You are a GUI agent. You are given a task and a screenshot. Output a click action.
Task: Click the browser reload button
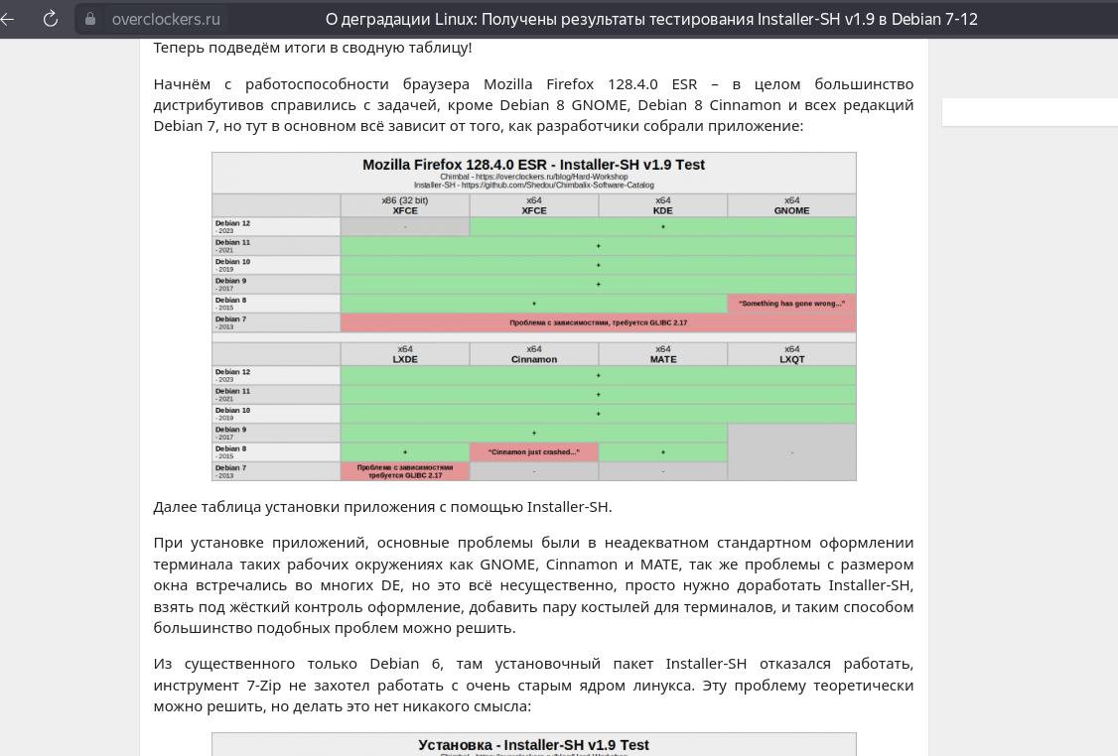[x=51, y=19]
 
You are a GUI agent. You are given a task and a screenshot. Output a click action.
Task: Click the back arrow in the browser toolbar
[x=8, y=19]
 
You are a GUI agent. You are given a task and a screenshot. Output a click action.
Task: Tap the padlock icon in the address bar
[x=90, y=19]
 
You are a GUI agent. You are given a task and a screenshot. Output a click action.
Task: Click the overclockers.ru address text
[x=166, y=19]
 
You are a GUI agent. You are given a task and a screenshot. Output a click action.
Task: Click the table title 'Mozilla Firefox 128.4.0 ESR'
[x=533, y=165]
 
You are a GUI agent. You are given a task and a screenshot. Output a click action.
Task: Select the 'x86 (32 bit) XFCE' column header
[x=405, y=205]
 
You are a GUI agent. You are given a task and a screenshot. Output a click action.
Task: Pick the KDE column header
[x=662, y=205]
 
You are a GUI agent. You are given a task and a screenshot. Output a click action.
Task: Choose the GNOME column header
[x=791, y=205]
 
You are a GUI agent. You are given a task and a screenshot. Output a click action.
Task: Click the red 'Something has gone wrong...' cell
[x=791, y=304]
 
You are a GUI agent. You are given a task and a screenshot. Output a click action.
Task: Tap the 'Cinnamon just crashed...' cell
[x=533, y=452]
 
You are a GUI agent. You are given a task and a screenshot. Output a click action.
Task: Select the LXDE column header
[x=405, y=354]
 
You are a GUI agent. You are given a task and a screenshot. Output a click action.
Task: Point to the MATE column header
[x=662, y=354]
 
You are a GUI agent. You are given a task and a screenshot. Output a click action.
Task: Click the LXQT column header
[x=791, y=354]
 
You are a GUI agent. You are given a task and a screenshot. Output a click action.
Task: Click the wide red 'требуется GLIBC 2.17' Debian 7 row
[x=598, y=322]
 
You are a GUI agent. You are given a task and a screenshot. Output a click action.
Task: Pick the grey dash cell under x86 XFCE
[x=405, y=227]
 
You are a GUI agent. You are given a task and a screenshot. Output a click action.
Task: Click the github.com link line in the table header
[x=533, y=185]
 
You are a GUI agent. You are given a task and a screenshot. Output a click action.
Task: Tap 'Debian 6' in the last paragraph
[x=401, y=664]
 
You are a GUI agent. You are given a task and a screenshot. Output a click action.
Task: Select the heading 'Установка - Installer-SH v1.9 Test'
[x=533, y=745]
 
